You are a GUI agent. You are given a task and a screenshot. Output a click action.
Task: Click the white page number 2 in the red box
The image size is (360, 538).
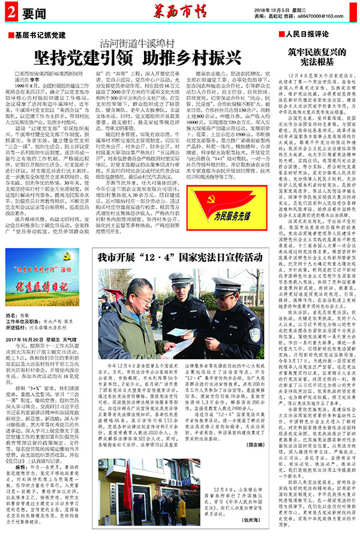click(11, 12)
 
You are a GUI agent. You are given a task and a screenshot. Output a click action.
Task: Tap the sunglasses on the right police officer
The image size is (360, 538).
click(221, 298)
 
